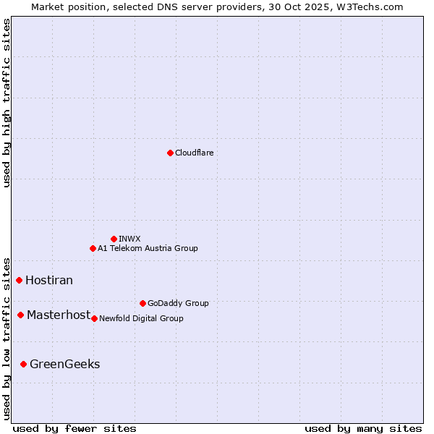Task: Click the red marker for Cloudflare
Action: [170, 153]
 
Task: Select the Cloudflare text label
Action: [195, 153]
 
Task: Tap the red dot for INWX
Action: [114, 239]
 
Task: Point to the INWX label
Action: [130, 239]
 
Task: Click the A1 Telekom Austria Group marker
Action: [93, 248]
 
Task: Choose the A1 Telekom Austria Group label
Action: [148, 248]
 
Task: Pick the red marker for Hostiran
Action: [20, 280]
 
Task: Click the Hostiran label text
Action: [49, 280]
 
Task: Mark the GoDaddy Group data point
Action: [142, 303]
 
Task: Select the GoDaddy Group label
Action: [178, 303]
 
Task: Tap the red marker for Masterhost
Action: [21, 315]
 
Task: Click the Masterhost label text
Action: [59, 315]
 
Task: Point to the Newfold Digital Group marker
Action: [94, 318]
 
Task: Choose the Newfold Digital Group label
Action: [141, 318]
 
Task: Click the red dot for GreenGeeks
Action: [24, 364]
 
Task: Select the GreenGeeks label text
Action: [65, 364]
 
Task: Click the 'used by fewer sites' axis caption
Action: [75, 428]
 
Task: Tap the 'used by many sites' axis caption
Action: [363, 428]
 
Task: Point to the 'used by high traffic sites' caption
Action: [7, 103]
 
